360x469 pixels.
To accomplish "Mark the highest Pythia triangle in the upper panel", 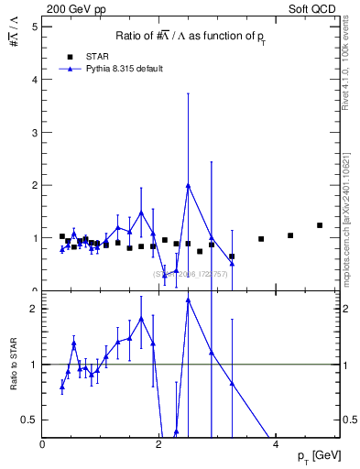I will pos(188,185).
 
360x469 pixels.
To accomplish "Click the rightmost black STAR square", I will pos(320,225).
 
